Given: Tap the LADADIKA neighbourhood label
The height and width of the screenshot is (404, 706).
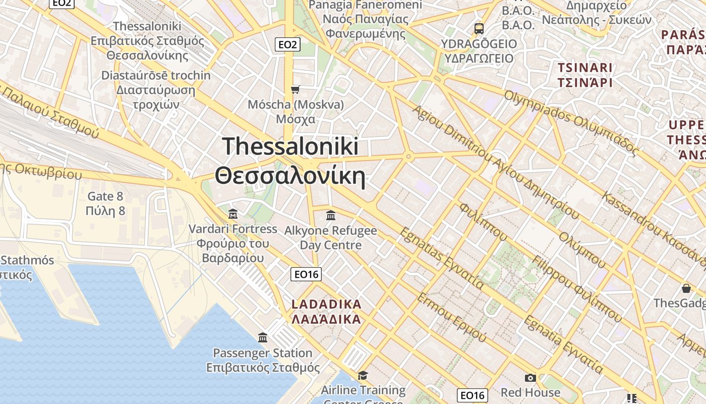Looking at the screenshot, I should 327,312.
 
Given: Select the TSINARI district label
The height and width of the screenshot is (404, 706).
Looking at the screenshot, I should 585,75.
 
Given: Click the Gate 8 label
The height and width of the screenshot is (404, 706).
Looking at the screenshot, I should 105,204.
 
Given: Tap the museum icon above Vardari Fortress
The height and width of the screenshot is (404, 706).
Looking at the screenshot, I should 232,214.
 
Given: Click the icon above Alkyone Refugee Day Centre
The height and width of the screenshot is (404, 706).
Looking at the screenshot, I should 331,216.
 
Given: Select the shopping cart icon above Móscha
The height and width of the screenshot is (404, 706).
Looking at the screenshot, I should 296,89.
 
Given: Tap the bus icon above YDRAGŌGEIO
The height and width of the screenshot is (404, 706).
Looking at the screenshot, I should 479,29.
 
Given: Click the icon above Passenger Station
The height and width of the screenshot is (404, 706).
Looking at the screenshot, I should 263,337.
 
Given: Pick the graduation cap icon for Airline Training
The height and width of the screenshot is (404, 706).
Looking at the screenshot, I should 363,375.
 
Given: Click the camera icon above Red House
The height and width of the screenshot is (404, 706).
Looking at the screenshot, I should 530,378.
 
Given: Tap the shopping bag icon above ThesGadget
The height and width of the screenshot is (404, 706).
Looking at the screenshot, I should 686,288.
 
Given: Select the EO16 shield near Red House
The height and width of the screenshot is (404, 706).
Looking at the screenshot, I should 473,395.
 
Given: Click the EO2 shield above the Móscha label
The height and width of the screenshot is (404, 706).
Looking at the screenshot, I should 287,44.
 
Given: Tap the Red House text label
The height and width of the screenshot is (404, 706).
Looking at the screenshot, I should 530,392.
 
